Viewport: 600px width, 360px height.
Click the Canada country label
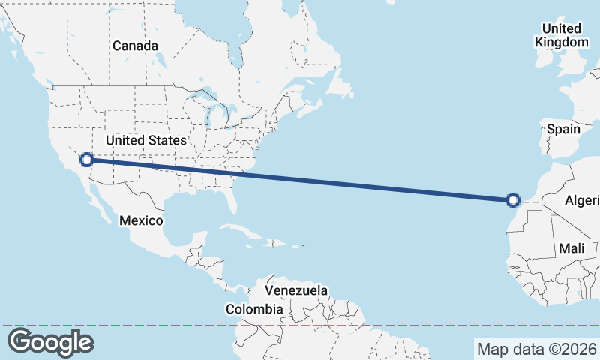[135, 46]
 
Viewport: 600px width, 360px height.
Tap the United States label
[145, 140]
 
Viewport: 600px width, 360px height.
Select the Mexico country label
[141, 220]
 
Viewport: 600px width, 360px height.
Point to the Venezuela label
[297, 289]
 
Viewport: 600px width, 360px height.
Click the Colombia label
[255, 308]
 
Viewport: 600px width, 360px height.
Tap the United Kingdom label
[562, 35]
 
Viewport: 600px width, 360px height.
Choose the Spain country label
[563, 129]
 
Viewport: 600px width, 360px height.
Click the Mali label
[571, 248]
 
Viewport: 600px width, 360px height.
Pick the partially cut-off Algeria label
[582, 200]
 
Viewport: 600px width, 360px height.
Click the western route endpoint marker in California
[87, 159]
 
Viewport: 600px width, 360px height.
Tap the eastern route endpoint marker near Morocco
[513, 199]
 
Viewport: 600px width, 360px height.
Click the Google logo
[50, 342]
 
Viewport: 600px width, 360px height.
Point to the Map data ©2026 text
[537, 349]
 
